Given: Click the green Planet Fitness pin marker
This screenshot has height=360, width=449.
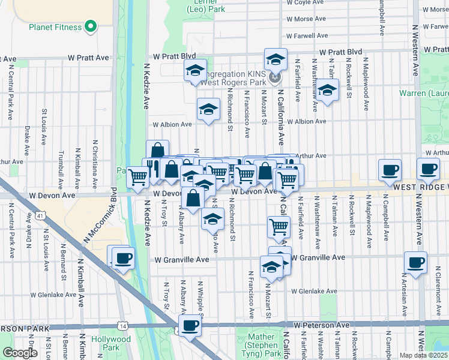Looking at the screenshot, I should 91,26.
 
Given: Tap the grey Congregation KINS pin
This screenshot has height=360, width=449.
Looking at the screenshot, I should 275,76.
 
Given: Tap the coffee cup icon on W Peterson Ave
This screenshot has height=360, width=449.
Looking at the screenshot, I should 190,326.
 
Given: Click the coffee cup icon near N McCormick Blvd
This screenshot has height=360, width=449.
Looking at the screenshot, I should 123,259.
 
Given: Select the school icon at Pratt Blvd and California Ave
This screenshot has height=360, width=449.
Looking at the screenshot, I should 276,59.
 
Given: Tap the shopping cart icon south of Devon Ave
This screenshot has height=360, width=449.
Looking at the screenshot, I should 279,227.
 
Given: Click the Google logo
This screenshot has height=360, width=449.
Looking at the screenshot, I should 19,353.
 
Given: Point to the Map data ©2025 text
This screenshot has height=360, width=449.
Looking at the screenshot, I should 424,355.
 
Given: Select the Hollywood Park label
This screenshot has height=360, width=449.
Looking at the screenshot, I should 111,343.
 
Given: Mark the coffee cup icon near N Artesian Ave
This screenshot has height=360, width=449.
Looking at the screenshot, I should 416,262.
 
